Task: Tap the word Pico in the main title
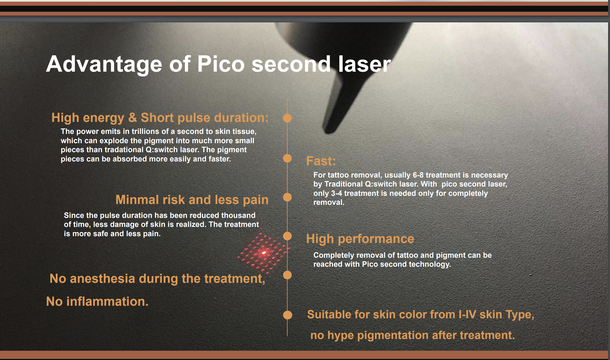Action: click(x=221, y=64)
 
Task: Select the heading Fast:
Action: click(x=321, y=161)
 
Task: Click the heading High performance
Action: click(x=360, y=239)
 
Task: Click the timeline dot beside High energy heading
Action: click(x=287, y=118)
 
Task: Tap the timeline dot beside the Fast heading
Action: click(x=287, y=158)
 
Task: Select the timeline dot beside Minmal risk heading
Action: click(x=287, y=197)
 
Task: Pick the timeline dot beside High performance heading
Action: click(x=287, y=236)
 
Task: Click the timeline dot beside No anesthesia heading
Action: click(x=287, y=275)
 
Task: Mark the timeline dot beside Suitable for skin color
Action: click(x=287, y=315)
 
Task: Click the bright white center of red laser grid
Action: click(x=264, y=253)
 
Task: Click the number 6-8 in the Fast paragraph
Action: click(x=418, y=175)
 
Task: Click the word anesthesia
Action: click(x=102, y=279)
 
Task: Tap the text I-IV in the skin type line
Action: click(x=467, y=314)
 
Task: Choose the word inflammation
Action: click(x=107, y=302)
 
